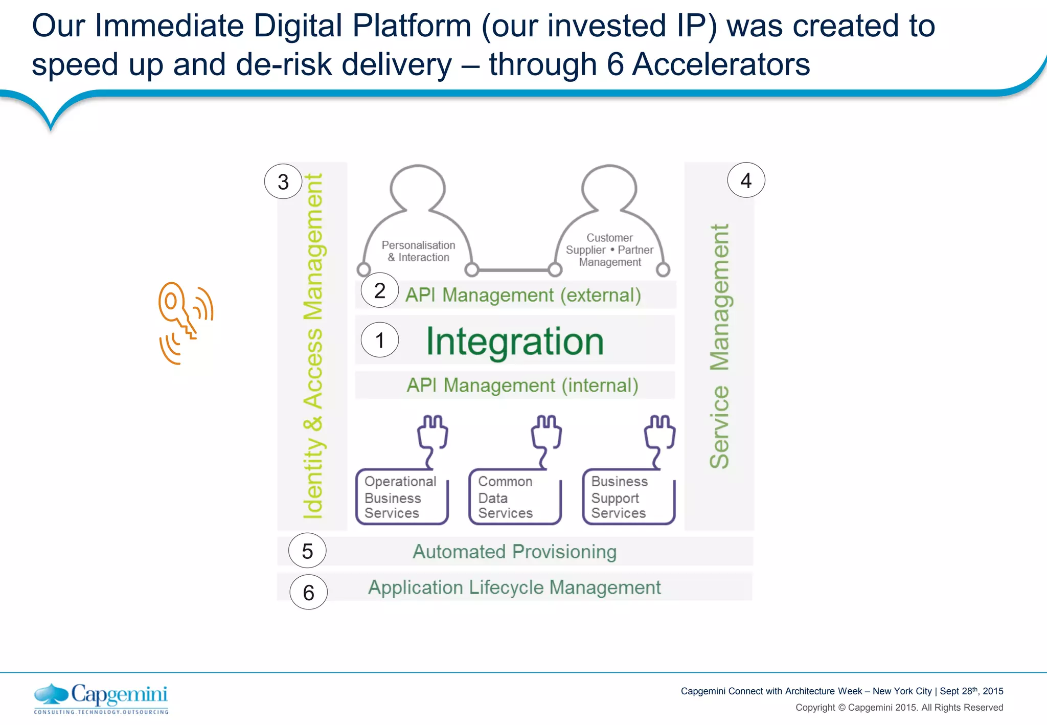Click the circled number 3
[283, 182]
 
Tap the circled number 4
[746, 180]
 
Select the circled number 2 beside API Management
[379, 290]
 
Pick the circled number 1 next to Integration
[379, 340]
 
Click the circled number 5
[307, 551]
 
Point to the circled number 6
[308, 592]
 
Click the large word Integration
[515, 342]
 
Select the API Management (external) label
[523, 295]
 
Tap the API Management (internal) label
[522, 385]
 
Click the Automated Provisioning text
[514, 552]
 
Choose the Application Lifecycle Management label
[514, 587]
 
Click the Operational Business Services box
[401, 497]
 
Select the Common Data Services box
[514, 497]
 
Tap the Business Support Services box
[628, 497]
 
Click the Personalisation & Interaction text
[418, 251]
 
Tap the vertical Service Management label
[719, 346]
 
